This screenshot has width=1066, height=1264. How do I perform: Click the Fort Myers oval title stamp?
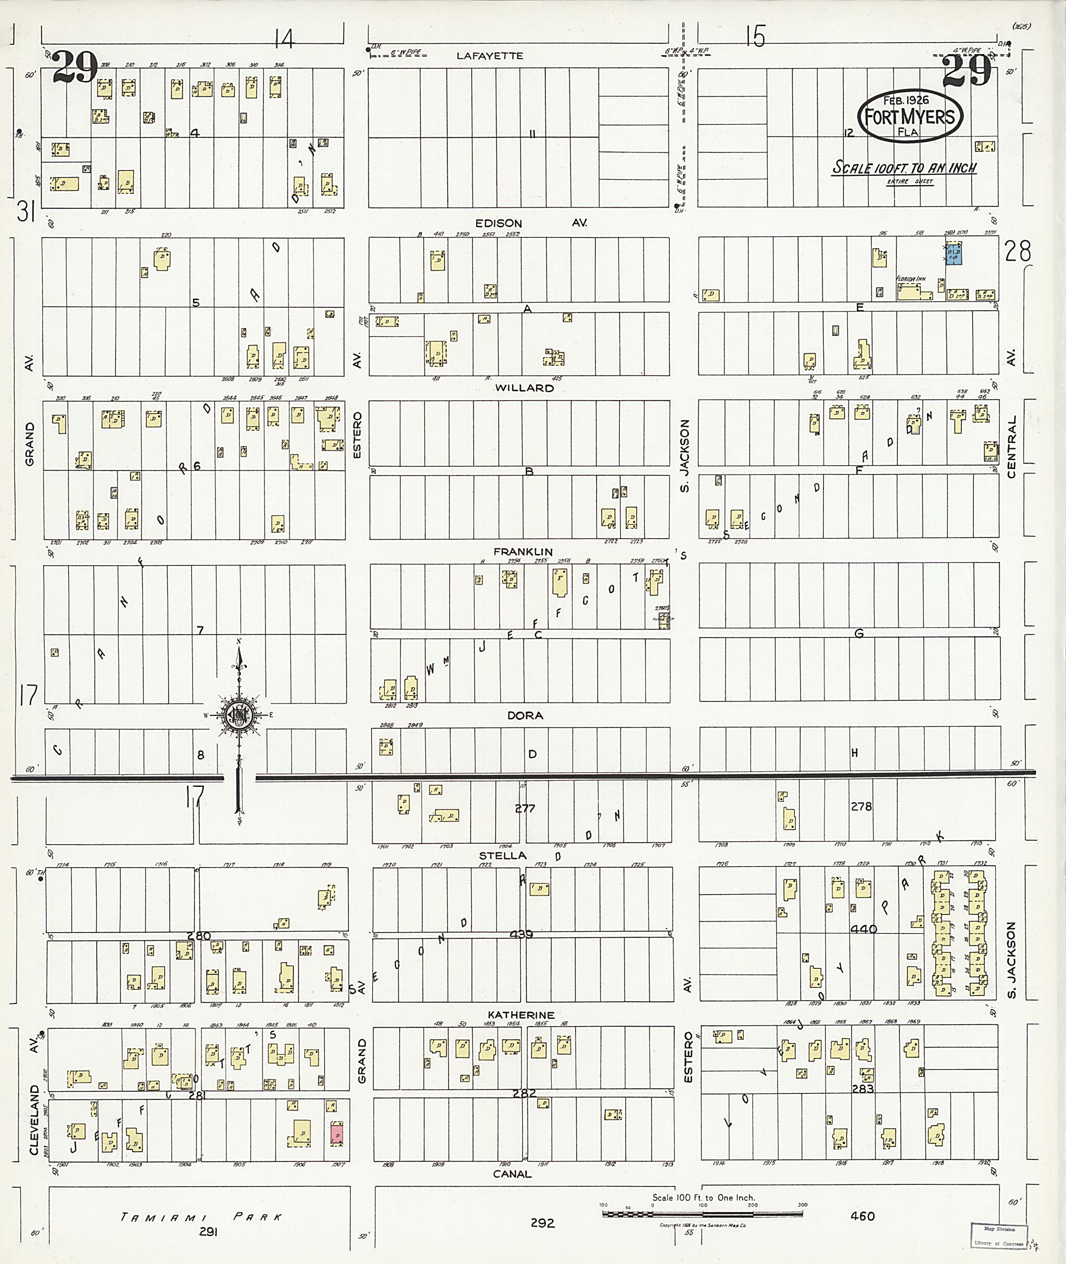(x=909, y=117)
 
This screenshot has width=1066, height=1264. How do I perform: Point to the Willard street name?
(x=524, y=388)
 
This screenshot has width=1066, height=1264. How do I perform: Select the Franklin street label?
(x=523, y=552)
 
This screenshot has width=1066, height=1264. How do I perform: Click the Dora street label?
(x=525, y=716)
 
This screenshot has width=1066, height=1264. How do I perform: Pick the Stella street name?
(x=503, y=856)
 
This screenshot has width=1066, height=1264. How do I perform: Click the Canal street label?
(x=512, y=1174)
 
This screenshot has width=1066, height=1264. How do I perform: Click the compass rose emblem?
(x=240, y=716)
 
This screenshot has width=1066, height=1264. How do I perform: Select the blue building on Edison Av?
(x=954, y=253)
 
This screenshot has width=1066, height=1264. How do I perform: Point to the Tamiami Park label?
(x=201, y=1217)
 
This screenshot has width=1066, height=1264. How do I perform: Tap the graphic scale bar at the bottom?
(x=702, y=1213)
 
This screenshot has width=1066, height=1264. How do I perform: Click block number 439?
(x=521, y=934)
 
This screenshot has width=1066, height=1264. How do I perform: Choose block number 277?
(x=525, y=809)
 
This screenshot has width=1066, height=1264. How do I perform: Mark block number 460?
(x=862, y=1216)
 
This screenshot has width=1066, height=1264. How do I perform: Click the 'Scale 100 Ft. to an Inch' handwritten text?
(x=904, y=168)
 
